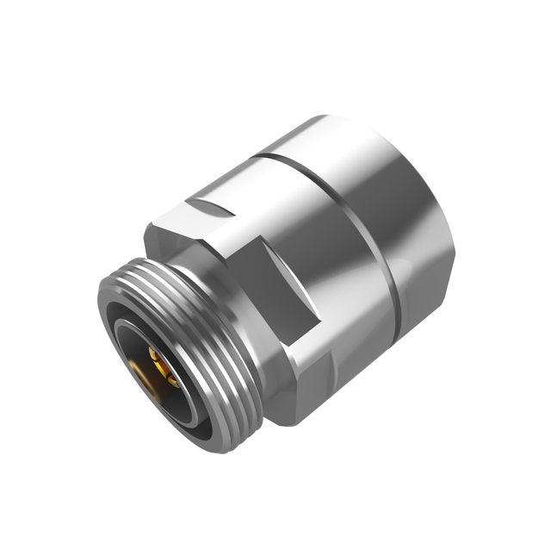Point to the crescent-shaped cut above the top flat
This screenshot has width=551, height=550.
(211, 207)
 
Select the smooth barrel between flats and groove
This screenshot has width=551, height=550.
(344, 216)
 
